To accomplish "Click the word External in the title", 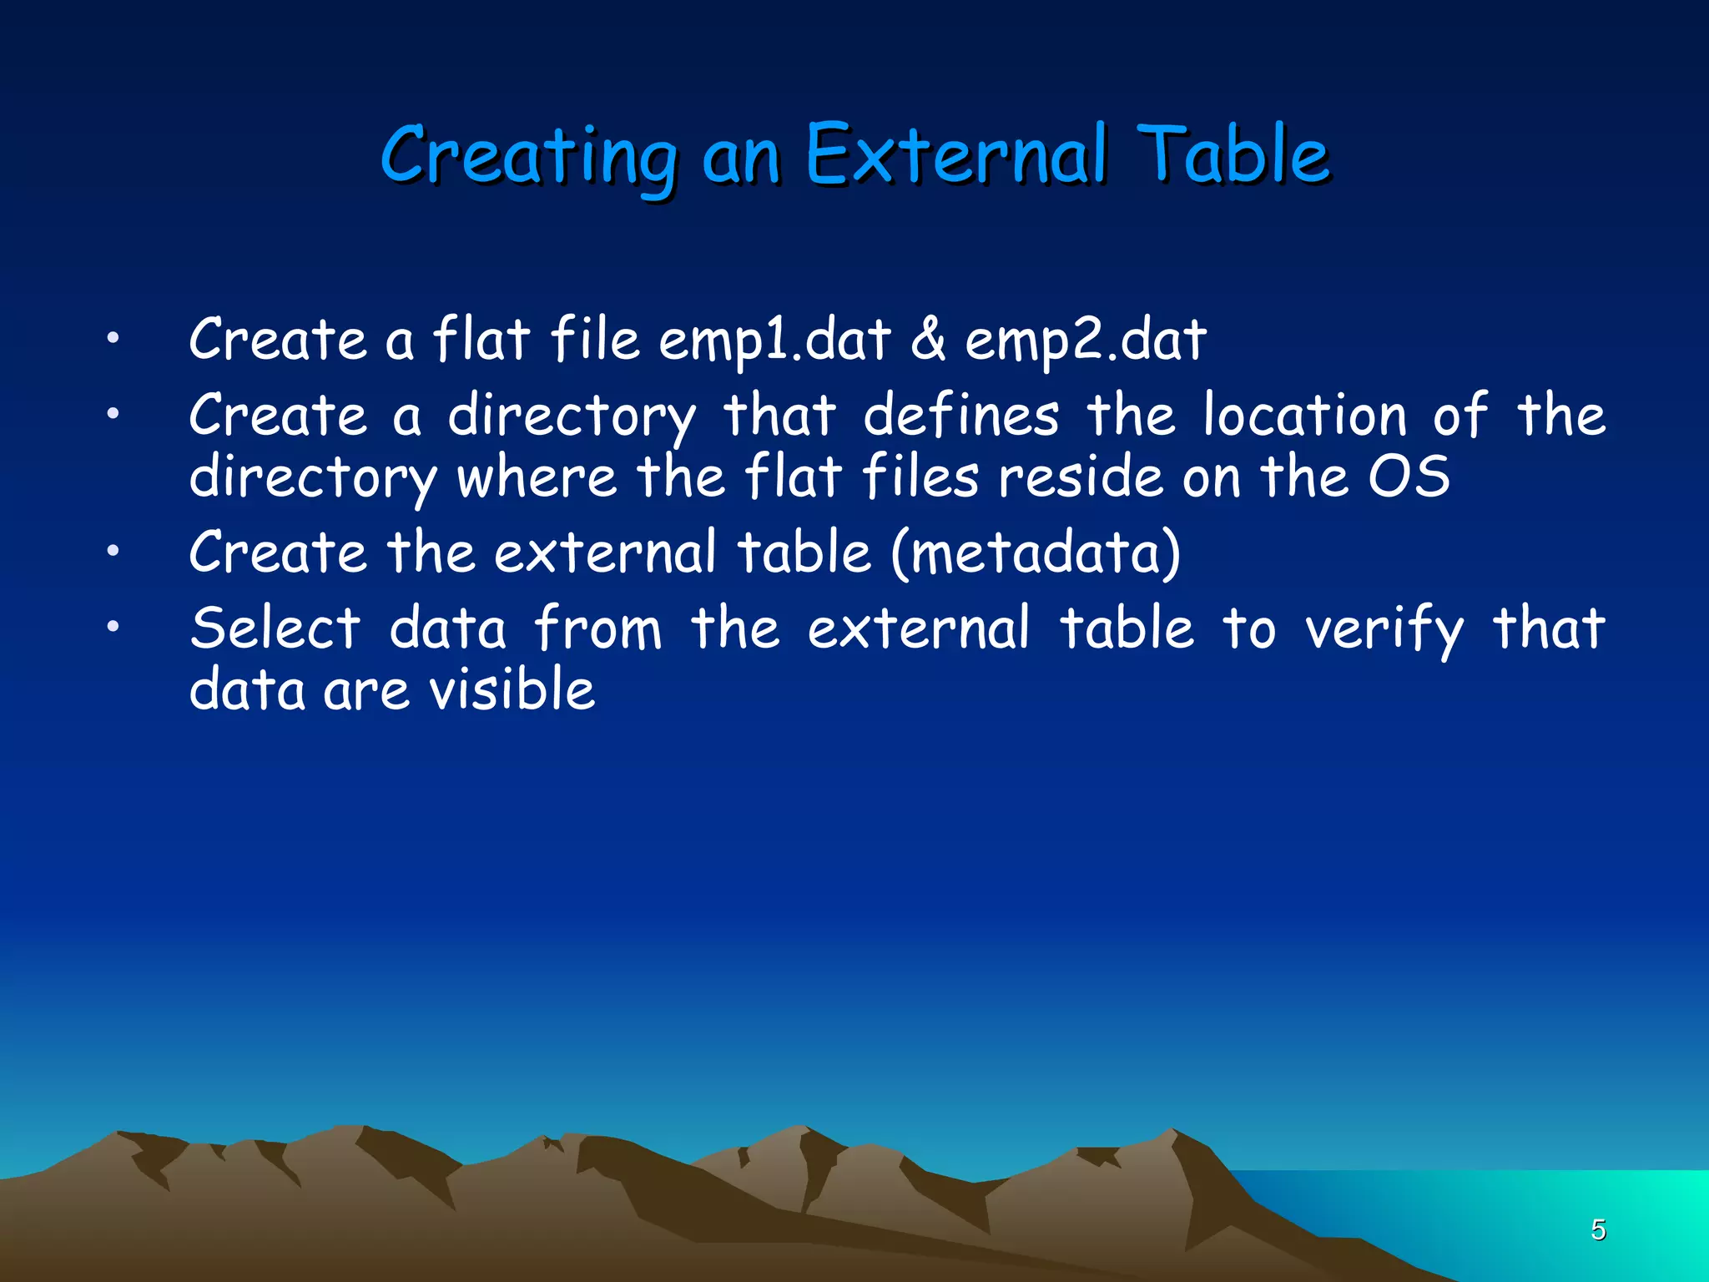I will point(955,155).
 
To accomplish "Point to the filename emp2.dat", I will point(1085,341).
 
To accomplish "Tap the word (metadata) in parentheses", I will point(1036,553).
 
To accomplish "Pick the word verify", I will point(1384,630).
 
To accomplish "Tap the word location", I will point(1304,415).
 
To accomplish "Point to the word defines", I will point(960,415).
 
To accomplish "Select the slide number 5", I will point(1598,1229).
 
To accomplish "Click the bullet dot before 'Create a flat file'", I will point(113,339).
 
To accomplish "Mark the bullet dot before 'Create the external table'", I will point(113,551).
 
